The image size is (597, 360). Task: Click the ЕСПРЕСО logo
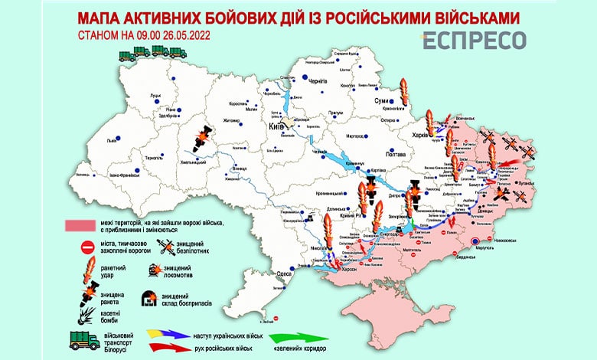(475, 41)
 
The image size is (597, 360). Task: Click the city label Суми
(378, 100)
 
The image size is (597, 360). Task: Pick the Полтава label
(395, 154)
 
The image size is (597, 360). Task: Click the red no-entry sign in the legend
(86, 247)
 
